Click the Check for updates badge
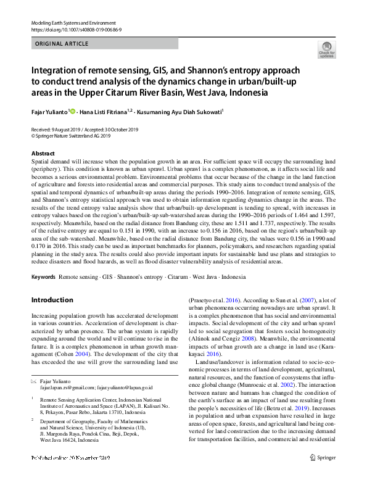point(326,49)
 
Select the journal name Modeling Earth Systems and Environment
point(73,22)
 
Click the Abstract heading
point(43,153)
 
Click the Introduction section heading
point(52,300)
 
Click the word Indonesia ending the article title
point(245,93)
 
